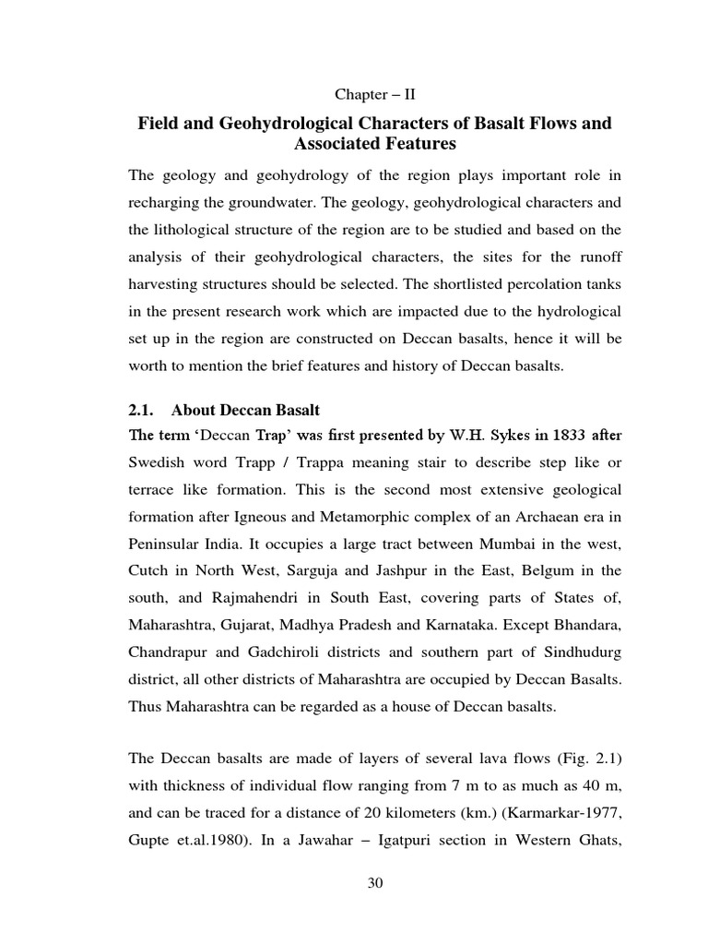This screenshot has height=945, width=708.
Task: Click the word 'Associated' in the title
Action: click(336, 144)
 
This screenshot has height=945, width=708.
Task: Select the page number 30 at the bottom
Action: click(374, 883)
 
